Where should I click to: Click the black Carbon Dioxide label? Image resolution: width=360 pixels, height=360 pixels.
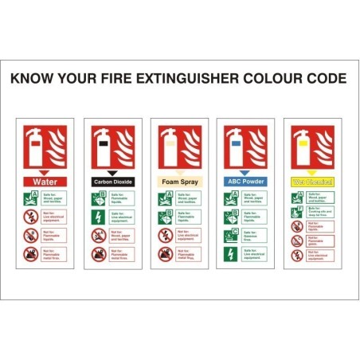coord(112,182)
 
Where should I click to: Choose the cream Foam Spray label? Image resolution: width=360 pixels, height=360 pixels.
coord(179,182)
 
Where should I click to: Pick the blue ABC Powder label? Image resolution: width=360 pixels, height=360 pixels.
coord(246,182)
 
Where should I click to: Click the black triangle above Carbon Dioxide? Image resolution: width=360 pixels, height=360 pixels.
coord(112,172)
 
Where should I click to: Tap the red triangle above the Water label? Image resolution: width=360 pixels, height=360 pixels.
coord(45,172)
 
